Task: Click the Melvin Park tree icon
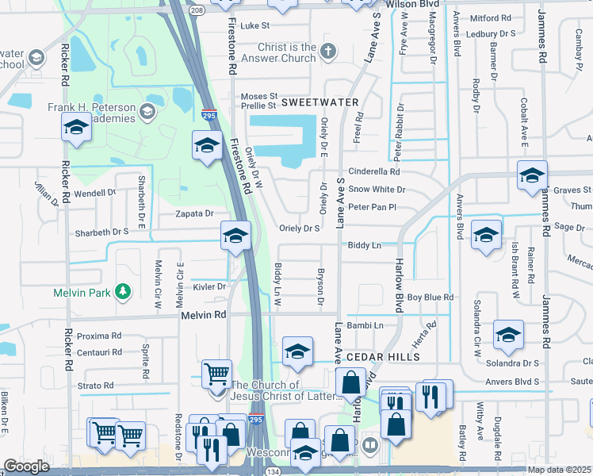(x=123, y=292)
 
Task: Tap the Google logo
(x=26, y=466)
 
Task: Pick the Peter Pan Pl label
(x=372, y=207)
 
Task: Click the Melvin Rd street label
(x=205, y=315)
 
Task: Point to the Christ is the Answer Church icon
(x=328, y=52)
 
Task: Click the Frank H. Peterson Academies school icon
(x=147, y=112)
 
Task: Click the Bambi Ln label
(x=365, y=325)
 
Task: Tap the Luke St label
(x=255, y=25)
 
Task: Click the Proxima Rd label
(x=99, y=336)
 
